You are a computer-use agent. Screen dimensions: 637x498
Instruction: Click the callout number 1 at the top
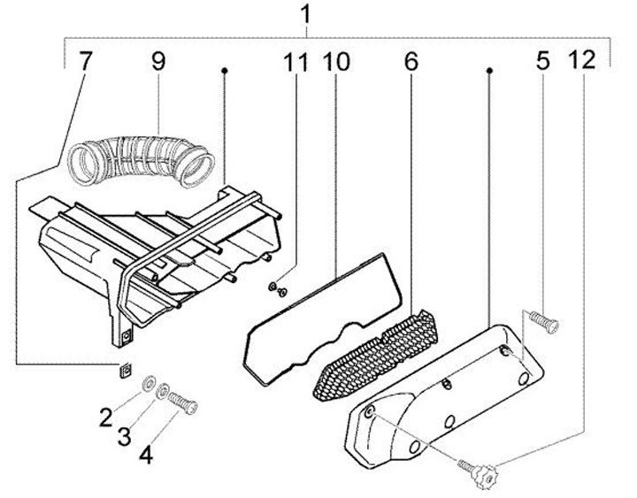(x=306, y=15)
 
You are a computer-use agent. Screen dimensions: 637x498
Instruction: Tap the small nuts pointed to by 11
(x=277, y=289)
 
